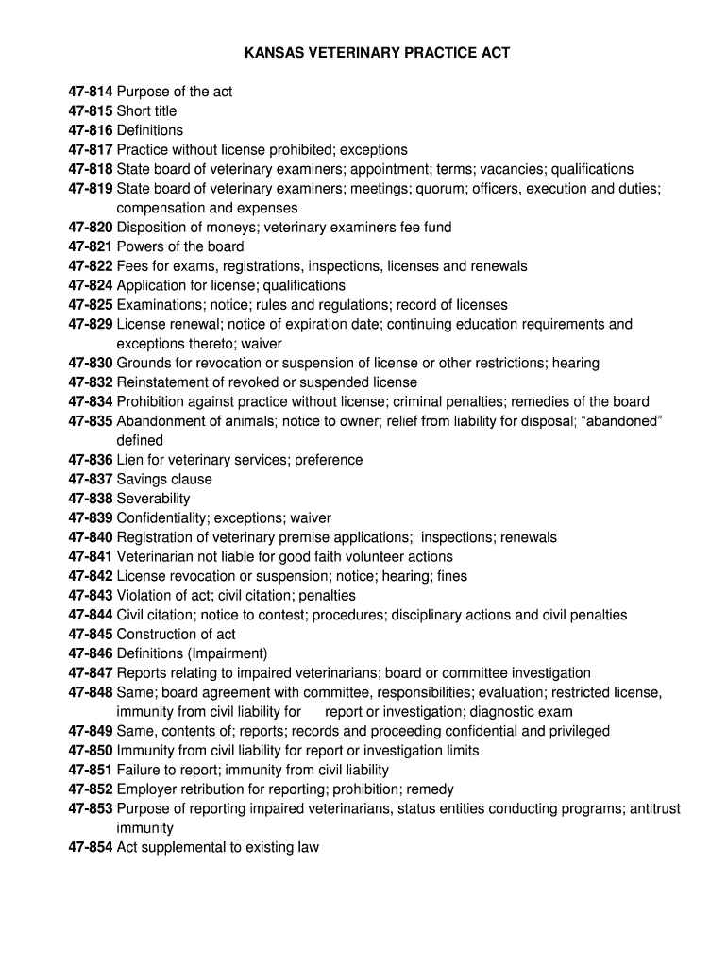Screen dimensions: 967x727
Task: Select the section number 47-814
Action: coord(91,92)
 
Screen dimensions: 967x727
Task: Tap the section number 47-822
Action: coord(91,266)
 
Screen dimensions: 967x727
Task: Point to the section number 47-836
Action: coord(91,460)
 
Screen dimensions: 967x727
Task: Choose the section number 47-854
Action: coord(91,847)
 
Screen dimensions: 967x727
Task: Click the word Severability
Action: coord(153,499)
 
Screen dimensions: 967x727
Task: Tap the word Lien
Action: coord(130,460)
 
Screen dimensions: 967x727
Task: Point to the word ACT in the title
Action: coord(494,53)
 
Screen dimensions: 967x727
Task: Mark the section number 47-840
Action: coord(91,537)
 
